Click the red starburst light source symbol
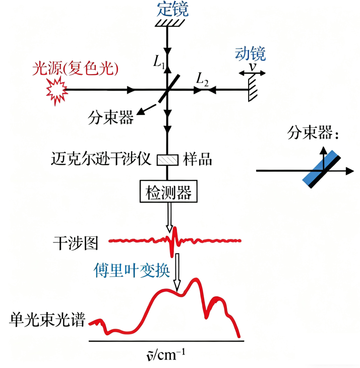click(55, 89)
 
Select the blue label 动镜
click(250, 53)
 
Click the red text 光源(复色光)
click(75, 69)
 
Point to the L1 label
click(159, 62)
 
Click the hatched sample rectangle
click(167, 159)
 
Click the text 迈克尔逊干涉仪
click(101, 159)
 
